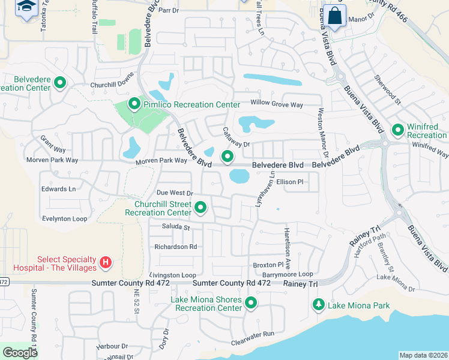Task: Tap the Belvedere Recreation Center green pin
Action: coord(60,83)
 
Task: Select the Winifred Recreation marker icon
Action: coord(397,130)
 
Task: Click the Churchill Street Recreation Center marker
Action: coord(201,208)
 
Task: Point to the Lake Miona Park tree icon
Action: coord(318,305)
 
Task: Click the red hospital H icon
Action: coord(106,262)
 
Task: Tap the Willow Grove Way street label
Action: coord(277,104)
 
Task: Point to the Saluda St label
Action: coord(176,227)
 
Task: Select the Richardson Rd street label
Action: coord(176,247)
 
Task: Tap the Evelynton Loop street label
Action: coord(65,219)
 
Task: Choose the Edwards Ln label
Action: coord(58,188)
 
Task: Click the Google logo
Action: coord(20,353)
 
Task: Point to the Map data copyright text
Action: coord(423,355)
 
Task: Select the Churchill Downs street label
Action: coord(110,85)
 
